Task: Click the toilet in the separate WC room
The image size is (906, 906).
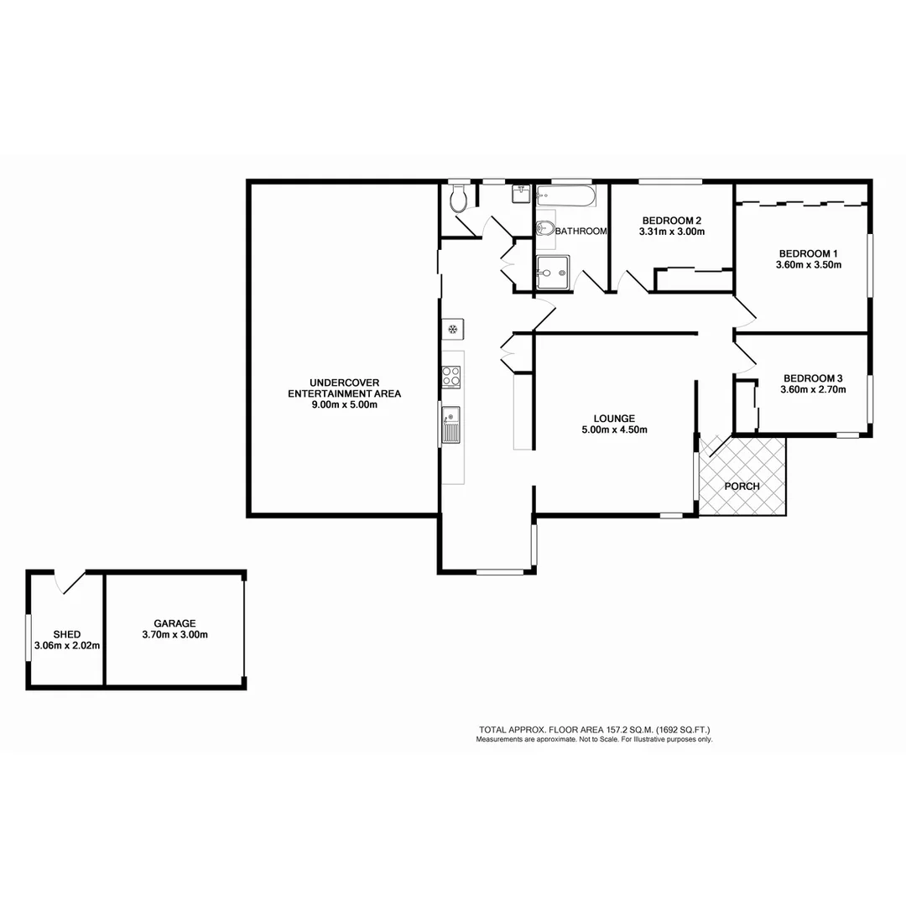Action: pyautogui.click(x=458, y=200)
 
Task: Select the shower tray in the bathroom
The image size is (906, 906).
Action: pyautogui.click(x=554, y=272)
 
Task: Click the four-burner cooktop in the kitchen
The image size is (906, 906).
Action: pyautogui.click(x=451, y=377)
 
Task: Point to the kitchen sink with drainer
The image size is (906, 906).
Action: pyautogui.click(x=451, y=424)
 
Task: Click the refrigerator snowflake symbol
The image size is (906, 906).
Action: pyautogui.click(x=452, y=327)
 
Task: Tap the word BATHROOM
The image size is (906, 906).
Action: pyautogui.click(x=581, y=232)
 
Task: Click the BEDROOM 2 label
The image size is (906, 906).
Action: pyautogui.click(x=671, y=221)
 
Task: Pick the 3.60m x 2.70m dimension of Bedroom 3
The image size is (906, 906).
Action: pyautogui.click(x=813, y=389)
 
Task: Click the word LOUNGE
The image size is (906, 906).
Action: pyautogui.click(x=614, y=418)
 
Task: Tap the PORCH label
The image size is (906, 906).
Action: pyautogui.click(x=742, y=486)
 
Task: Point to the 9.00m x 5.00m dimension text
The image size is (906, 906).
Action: pyautogui.click(x=344, y=404)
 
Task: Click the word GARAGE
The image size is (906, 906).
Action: pyautogui.click(x=174, y=623)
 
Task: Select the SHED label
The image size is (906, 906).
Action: pyautogui.click(x=66, y=634)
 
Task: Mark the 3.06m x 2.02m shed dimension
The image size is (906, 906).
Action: pyautogui.click(x=66, y=646)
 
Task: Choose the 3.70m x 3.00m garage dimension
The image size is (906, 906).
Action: pyautogui.click(x=174, y=635)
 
